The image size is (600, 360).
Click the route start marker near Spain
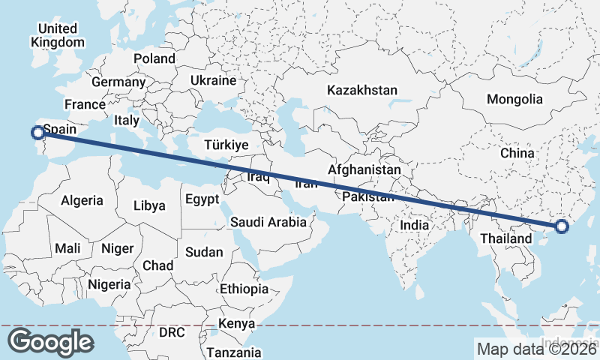click(37, 133)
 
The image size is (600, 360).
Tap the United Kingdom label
click(58, 35)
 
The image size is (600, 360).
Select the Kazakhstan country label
click(361, 90)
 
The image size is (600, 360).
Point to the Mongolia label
click(514, 99)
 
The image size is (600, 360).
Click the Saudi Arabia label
click(268, 222)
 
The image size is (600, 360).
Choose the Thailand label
click(505, 238)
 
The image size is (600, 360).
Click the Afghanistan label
click(364, 170)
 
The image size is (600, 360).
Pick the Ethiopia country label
click(244, 289)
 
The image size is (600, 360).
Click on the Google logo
click(50, 342)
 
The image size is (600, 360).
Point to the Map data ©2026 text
click(536, 348)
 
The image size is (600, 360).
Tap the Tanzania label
click(235, 352)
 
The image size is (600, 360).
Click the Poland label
click(154, 58)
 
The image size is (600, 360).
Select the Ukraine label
click(213, 80)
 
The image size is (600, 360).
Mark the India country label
click(414, 225)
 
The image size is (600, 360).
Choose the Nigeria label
click(109, 285)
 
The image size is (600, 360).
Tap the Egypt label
click(202, 199)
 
